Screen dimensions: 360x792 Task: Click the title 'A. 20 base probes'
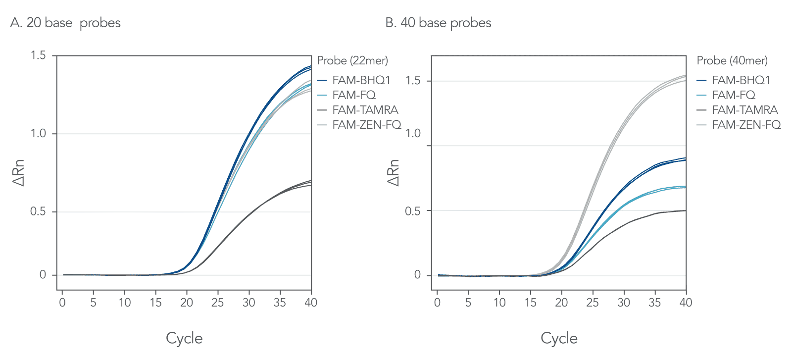65,23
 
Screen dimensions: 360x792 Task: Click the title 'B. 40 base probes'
438,23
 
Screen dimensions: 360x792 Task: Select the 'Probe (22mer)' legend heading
352,60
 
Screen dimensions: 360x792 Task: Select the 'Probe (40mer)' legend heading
732,60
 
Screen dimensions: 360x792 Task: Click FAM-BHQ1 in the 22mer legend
361,80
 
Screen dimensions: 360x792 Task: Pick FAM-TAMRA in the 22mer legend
365,110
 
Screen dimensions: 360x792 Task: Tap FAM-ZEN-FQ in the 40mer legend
746,125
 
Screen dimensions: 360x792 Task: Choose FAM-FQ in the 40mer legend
733,95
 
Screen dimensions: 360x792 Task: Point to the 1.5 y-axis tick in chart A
38,55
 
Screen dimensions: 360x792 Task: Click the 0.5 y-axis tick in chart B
413,211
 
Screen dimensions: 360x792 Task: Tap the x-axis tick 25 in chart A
217,303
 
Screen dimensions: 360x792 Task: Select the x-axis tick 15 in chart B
530,303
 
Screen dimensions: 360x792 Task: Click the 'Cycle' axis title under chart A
184,338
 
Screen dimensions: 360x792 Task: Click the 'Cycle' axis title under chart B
559,338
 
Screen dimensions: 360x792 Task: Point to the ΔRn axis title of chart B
393,173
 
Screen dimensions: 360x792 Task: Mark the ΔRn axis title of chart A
18,173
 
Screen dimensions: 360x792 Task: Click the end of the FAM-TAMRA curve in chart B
686,210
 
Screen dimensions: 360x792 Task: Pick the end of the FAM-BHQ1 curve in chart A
310,67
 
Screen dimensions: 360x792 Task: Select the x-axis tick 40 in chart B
686,303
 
